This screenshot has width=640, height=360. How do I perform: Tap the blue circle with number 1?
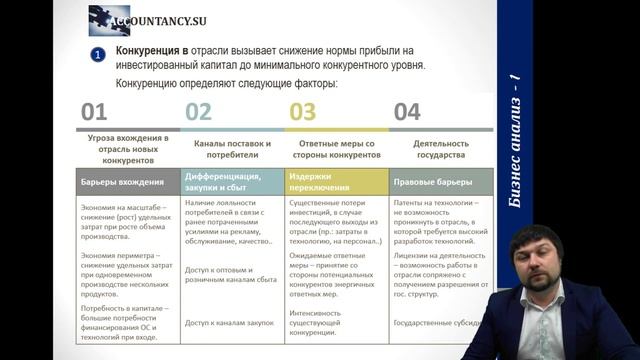98,54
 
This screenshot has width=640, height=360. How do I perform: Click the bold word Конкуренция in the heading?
149,50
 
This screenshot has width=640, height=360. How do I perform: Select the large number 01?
94,112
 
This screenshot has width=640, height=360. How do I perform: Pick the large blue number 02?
199,112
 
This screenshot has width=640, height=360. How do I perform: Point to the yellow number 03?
302,112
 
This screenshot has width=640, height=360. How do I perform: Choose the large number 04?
407,112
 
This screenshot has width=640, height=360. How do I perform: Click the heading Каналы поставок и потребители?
232,149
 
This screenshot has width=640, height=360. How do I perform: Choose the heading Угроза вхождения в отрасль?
127,149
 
